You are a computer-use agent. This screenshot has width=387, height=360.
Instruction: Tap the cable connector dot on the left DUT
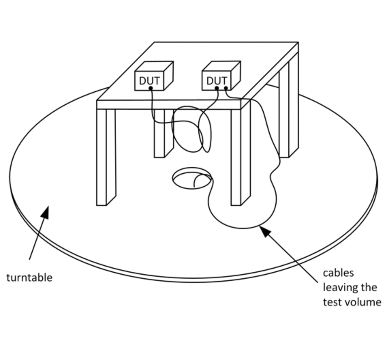[151, 88]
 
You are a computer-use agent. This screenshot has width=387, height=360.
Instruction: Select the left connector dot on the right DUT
[217, 88]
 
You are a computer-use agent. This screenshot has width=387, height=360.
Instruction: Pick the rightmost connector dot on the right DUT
[226, 88]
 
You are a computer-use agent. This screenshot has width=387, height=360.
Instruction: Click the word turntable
[29, 277]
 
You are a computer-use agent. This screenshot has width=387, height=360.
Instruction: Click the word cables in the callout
[338, 273]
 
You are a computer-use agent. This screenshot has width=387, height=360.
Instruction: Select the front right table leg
[240, 157]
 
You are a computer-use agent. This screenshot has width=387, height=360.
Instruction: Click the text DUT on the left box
[149, 81]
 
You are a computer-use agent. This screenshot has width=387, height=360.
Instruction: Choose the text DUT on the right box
[216, 81]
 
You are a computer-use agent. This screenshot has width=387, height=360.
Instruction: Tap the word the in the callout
[369, 287]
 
